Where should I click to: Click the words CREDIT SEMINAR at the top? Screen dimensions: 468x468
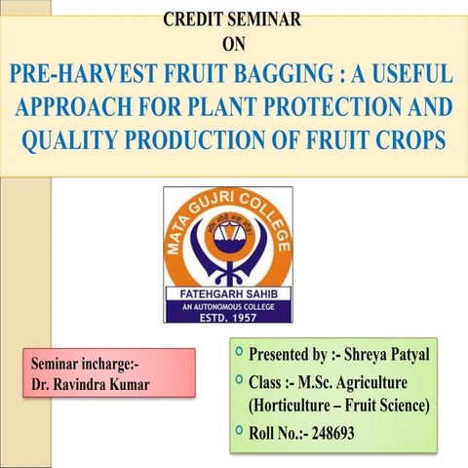point(231,18)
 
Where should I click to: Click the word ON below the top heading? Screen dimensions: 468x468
point(234,43)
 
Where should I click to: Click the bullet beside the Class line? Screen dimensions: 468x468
point(239,378)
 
